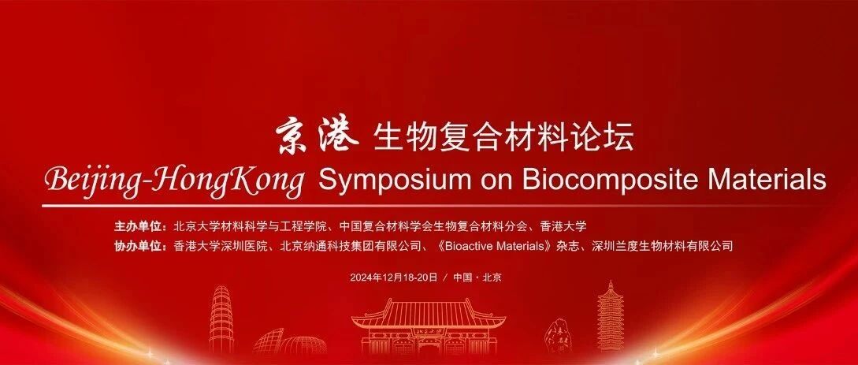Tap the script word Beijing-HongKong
pos(174,181)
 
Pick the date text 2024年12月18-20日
pos(394,277)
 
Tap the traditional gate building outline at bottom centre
pos(429,327)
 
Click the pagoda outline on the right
pos(610,318)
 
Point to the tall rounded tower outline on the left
pos(221,319)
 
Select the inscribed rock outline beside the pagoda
pos(559,336)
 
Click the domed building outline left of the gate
pos(290,342)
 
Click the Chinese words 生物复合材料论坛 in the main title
pos(503,137)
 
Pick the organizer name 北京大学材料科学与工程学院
pos(250,225)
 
